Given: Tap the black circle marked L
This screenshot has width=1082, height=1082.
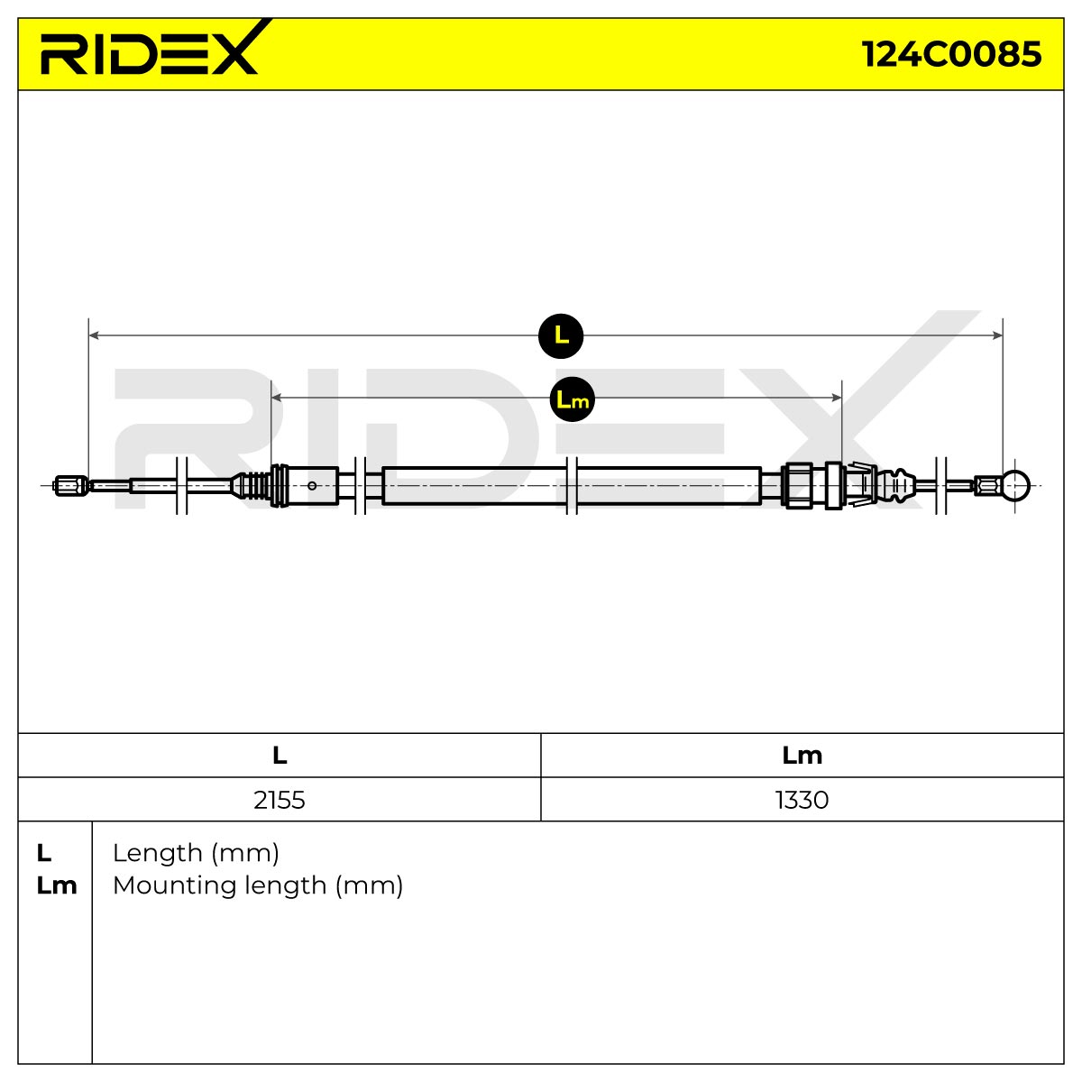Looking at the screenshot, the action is point(560,335).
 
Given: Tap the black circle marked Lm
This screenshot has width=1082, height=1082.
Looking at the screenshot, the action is point(572,399).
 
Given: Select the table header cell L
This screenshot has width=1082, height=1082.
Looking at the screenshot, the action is point(280,756).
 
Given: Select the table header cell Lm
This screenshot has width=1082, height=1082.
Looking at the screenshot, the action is point(802,756).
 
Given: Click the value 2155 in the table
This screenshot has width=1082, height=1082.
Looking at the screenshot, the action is point(279,800).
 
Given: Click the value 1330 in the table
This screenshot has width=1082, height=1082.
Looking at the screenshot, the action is point(802,800).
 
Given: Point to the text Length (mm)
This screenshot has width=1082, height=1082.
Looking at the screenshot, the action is point(196,853).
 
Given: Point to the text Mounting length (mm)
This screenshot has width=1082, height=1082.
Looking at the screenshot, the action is point(258,885).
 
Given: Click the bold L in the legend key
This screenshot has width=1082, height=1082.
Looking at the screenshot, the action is point(44,854).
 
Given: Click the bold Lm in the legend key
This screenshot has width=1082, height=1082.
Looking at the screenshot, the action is point(57,885).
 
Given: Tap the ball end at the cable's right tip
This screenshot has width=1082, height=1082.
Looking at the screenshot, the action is point(1015,485).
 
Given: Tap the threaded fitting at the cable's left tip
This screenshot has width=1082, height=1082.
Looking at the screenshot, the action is point(71,486).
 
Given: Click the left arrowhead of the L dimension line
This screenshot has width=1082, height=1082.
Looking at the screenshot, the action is point(95,335).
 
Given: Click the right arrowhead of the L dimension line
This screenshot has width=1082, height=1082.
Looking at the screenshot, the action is point(997,335).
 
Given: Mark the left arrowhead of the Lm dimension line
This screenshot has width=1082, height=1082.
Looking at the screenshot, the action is point(276,398).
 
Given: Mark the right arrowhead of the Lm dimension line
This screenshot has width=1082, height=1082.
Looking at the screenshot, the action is point(836,398).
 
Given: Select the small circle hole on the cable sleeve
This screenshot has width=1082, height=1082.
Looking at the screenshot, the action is point(312,486).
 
